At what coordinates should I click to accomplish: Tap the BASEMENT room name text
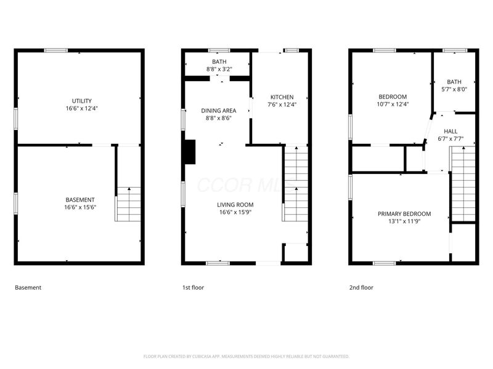tap(80, 200)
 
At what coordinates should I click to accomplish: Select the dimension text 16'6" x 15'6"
tap(80, 207)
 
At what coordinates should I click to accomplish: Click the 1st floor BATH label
tap(219, 62)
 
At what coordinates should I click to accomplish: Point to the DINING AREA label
tap(219, 111)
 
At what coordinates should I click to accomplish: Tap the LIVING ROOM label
tap(235, 205)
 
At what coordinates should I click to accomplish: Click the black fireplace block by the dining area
tap(190, 152)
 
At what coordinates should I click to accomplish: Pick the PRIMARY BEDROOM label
tap(404, 214)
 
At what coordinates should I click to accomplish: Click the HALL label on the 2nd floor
tap(450, 131)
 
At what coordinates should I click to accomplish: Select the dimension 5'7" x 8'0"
tap(454, 89)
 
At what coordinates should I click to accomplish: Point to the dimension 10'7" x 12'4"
tap(393, 104)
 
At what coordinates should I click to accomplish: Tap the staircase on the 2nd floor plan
tap(463, 184)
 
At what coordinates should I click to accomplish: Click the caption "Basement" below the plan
tap(28, 287)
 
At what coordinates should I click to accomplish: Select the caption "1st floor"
tap(193, 287)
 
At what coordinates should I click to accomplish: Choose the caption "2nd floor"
tap(361, 287)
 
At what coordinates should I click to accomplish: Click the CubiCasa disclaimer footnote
tap(246, 356)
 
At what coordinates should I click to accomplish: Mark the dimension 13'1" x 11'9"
tap(404, 221)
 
